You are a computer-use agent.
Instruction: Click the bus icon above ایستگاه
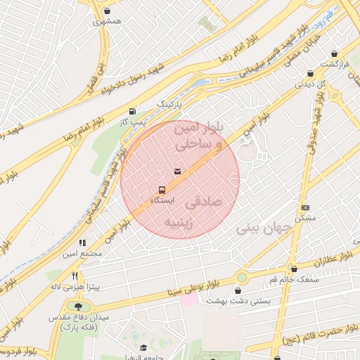162,190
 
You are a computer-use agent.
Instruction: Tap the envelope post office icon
176,172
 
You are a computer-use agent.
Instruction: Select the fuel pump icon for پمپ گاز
132,111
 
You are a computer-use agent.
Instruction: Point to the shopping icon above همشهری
107,11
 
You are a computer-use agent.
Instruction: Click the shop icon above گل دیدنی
310,73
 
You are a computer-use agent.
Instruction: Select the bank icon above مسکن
305,207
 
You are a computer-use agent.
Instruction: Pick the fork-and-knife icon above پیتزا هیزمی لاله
75,276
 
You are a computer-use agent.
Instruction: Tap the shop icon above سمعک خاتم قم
294,269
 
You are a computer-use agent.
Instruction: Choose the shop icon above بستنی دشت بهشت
242,290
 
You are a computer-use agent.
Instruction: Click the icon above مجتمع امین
83,243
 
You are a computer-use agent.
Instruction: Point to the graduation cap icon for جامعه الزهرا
143,347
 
